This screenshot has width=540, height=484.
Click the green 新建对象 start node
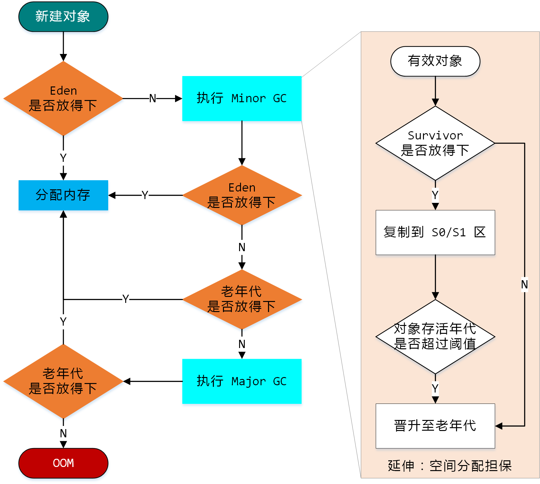[63, 17]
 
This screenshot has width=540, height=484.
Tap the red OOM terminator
[63, 463]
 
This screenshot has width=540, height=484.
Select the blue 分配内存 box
[63, 195]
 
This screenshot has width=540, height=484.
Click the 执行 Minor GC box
[242, 98]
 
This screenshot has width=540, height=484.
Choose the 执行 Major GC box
[242, 381]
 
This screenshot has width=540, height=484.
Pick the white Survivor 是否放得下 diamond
[435, 143]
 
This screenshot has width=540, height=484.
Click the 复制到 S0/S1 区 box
[435, 232]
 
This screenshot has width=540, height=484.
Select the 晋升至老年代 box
[435, 426]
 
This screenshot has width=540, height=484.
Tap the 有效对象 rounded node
[435, 61]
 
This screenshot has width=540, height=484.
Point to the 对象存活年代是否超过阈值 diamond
[435, 336]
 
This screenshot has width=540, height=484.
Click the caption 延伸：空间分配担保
[449, 466]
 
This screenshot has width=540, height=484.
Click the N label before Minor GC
[153, 98]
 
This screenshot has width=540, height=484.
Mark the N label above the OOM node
[63, 433]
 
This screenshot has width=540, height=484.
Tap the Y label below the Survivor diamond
[435, 195]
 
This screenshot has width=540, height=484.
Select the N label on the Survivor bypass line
[524, 284]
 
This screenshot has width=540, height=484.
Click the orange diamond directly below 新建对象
[63, 98]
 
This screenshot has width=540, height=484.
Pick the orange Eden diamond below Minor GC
[242, 195]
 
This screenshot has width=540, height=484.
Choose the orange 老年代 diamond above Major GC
[242, 299]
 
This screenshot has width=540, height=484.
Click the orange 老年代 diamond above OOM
[63, 381]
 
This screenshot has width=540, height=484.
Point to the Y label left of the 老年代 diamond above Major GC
[126, 299]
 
